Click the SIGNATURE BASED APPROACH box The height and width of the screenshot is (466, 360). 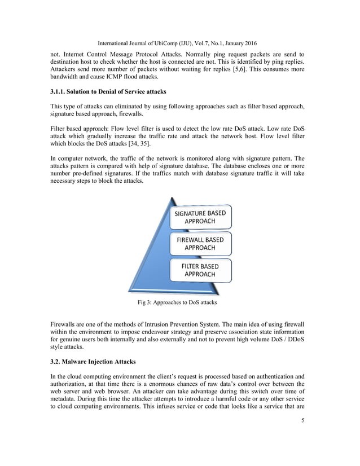200,217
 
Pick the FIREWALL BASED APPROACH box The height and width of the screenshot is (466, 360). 200,244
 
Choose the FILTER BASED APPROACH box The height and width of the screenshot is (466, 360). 200,270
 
